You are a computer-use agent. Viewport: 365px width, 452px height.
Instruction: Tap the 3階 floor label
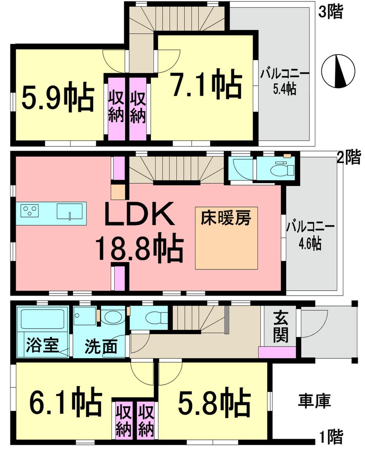(x=331, y=12)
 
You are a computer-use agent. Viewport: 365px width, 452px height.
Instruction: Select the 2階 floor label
(x=349, y=158)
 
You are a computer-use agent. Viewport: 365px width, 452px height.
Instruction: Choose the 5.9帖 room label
(x=58, y=98)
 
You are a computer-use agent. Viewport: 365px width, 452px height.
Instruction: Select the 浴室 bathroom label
(x=42, y=345)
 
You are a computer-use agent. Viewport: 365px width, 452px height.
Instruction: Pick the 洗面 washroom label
(x=101, y=346)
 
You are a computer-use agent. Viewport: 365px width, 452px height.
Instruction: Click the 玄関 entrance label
(x=281, y=327)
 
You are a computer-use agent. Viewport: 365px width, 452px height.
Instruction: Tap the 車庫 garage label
(x=314, y=401)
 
